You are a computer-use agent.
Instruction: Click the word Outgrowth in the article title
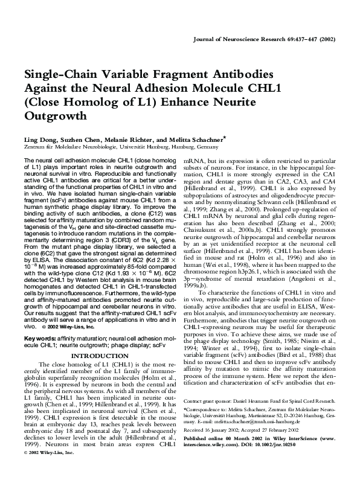click(x=54, y=115)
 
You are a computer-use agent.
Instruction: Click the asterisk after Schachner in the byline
click(x=225, y=137)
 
